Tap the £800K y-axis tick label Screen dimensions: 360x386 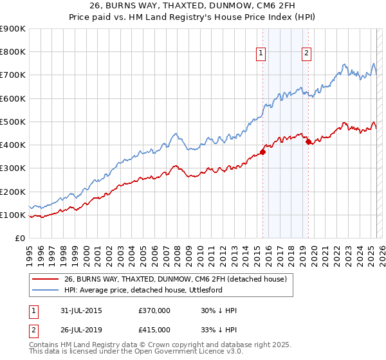12,51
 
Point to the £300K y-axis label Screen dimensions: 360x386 12,168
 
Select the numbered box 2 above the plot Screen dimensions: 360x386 307,53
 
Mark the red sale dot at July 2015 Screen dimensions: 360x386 262,152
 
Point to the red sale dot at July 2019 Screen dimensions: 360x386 308,141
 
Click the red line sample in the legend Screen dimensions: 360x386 45,279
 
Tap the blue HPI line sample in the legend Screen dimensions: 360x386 45,290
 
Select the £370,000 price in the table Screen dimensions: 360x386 154,310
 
